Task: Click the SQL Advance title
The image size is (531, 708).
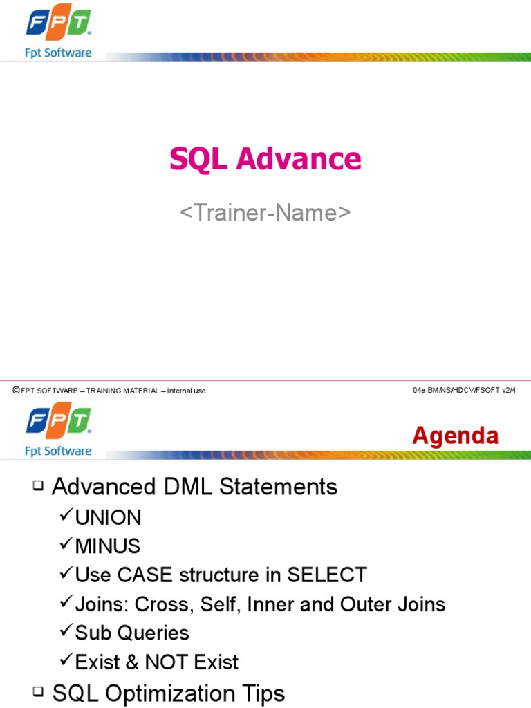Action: (265, 160)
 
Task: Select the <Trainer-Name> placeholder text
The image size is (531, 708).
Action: (265, 213)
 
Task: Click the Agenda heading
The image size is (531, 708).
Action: (455, 436)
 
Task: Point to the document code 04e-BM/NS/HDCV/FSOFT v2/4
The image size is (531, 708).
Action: (464, 391)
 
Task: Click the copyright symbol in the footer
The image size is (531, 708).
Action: (16, 391)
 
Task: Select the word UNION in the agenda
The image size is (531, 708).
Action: (108, 517)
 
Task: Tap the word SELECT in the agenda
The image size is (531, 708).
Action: (326, 575)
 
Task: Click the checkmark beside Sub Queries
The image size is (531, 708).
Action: (66, 631)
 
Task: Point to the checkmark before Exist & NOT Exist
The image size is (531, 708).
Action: (66, 660)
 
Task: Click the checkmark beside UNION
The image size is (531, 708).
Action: (66, 516)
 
